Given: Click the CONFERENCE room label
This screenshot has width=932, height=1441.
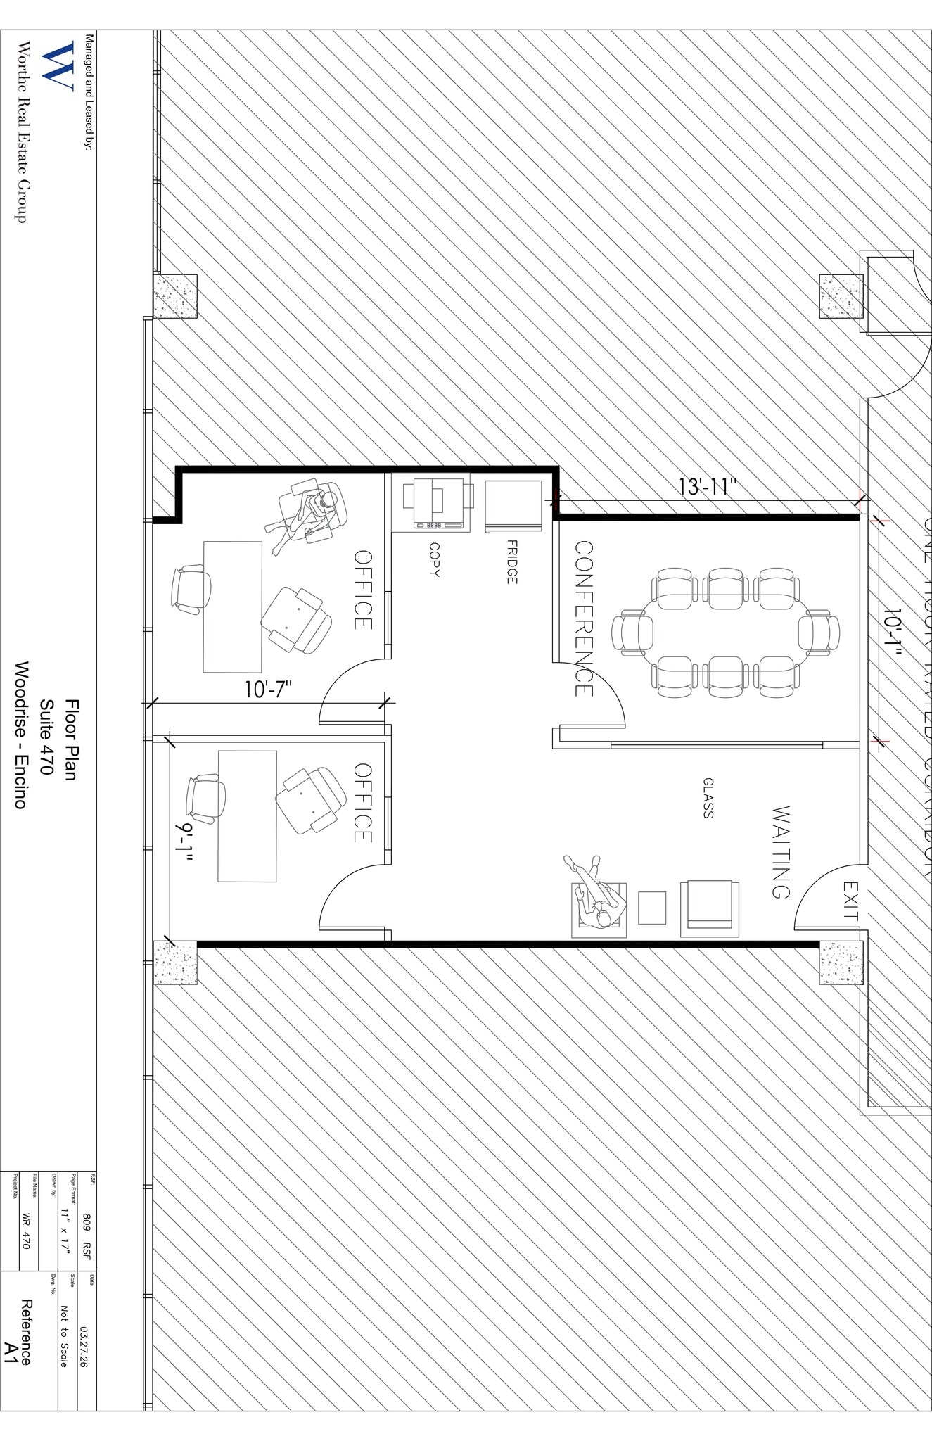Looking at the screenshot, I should pos(584,618).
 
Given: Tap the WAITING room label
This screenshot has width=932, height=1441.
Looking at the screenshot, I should pos(781,852).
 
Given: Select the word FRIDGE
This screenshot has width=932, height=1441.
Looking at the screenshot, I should pos(511,561).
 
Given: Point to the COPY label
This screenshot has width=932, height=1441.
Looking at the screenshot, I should pos(434,559).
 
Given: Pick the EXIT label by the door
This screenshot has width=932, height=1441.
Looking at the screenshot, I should pos(850,901).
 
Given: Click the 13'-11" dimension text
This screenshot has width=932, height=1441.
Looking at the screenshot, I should pos(707,487).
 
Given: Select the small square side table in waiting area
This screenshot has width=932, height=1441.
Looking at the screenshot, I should pos(651,908).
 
